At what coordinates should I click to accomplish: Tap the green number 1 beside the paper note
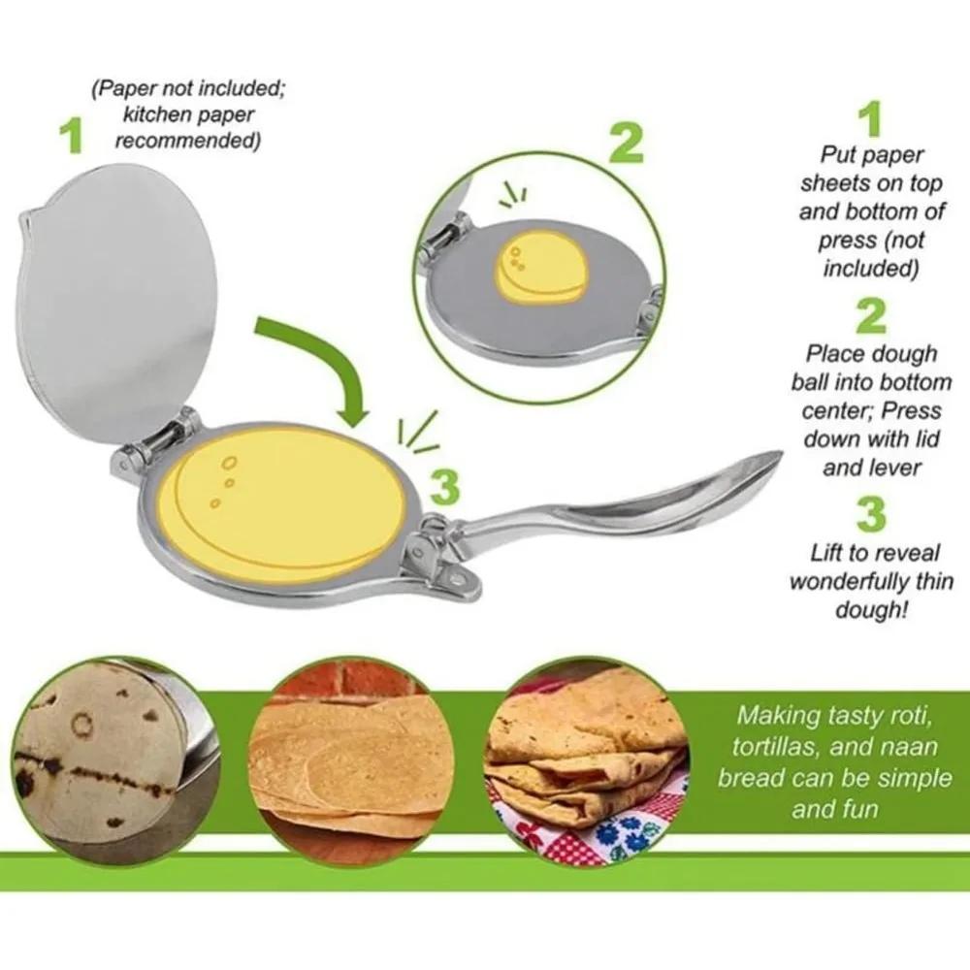point(69,137)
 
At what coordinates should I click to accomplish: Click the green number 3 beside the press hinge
point(444,486)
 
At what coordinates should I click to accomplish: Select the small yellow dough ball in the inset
point(540,263)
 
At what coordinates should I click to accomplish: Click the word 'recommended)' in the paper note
point(186,141)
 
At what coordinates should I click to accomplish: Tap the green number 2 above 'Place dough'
point(871,316)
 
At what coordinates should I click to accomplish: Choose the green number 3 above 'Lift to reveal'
point(871,514)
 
